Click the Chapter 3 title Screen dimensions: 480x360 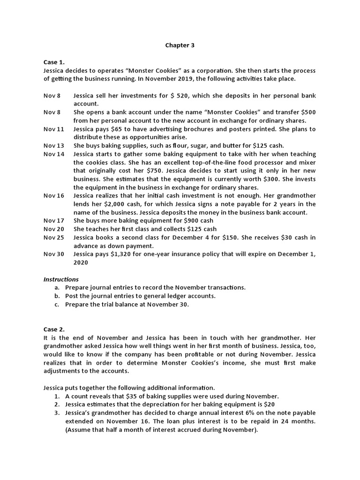pyautogui.click(x=180, y=45)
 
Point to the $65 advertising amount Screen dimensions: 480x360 pyautogui.click(x=120, y=129)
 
